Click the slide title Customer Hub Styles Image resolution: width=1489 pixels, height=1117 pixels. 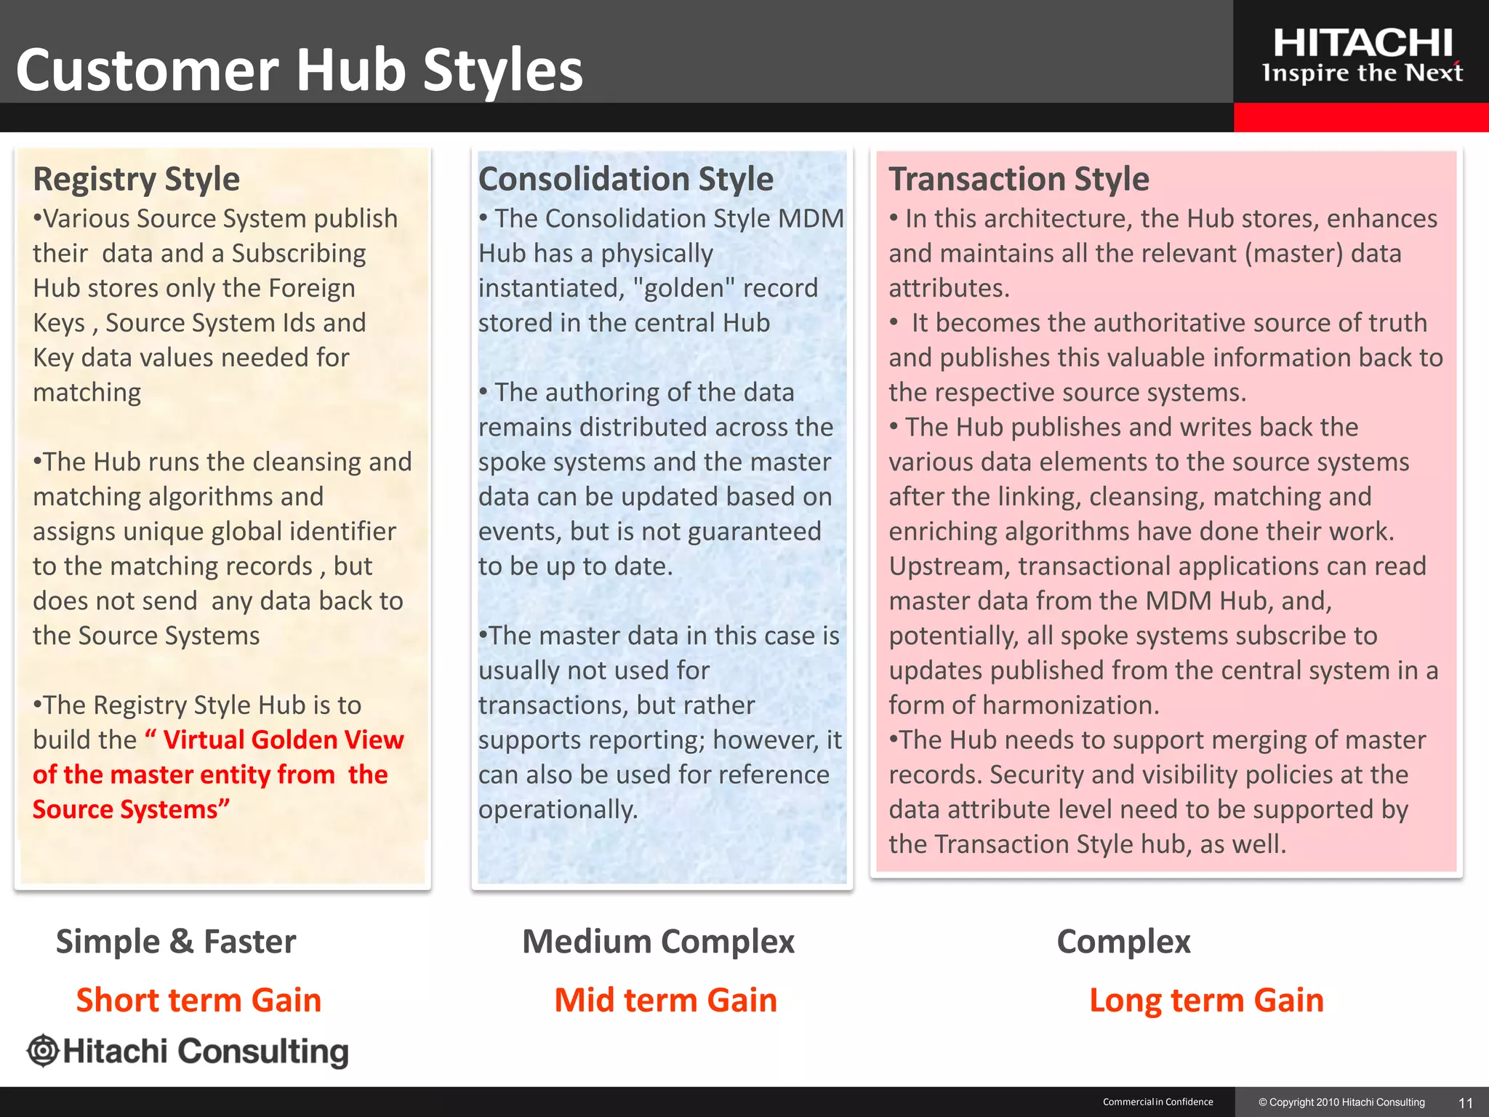(x=299, y=70)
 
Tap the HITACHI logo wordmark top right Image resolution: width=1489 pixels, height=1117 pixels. (x=1362, y=43)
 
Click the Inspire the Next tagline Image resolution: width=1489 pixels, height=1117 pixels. (x=1362, y=73)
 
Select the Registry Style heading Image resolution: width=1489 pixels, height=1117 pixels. (x=136, y=179)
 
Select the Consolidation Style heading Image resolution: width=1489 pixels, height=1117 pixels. (x=625, y=179)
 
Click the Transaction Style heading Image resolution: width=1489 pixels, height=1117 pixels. (x=1019, y=179)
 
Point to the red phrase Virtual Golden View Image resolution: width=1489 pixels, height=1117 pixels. (x=283, y=740)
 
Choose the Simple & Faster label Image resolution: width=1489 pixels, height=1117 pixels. (x=176, y=941)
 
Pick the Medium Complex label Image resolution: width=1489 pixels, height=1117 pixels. (x=658, y=941)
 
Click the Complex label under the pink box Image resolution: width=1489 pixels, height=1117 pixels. (x=1123, y=941)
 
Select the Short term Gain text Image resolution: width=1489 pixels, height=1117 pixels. (x=198, y=1000)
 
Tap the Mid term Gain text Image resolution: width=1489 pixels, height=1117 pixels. (x=665, y=1000)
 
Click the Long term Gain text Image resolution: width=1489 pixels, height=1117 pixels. (x=1206, y=1000)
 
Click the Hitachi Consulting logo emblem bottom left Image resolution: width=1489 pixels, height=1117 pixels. (x=43, y=1051)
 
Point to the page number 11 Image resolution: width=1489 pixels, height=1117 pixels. (x=1466, y=1102)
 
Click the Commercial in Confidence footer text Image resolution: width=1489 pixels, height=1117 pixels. (x=1157, y=1102)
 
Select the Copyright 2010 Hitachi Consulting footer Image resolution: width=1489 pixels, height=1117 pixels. (x=1341, y=1102)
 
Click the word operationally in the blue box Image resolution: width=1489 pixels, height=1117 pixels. (x=557, y=809)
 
